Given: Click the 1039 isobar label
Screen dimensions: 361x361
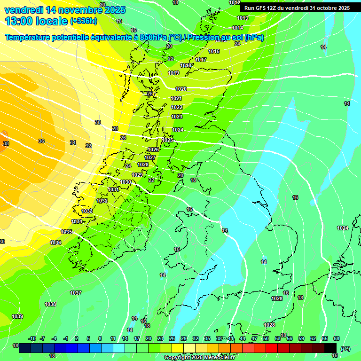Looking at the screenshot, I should tap(17, 316).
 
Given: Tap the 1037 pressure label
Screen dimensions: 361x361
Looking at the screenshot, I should tap(76, 293).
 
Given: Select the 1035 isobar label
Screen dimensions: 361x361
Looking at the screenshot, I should tap(66, 232).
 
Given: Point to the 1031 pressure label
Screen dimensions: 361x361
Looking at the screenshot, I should tap(114, 189).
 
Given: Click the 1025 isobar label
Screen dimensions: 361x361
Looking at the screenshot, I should tap(167, 140).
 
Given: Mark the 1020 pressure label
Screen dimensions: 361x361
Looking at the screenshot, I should tap(181, 89).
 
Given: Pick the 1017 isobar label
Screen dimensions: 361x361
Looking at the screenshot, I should tap(201, 60).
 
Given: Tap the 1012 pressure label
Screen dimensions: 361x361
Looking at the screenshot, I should tap(235, 3).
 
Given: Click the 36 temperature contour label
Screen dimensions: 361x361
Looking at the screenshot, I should tap(41, 141).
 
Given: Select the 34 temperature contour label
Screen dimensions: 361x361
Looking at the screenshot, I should tap(73, 142).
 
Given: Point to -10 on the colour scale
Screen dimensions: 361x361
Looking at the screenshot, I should tap(32, 338).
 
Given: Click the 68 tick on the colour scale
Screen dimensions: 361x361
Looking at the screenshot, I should tap(337, 338).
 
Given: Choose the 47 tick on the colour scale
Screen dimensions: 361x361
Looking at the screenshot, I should tap(254, 338).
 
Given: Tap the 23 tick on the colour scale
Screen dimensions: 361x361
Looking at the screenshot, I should tap(160, 338).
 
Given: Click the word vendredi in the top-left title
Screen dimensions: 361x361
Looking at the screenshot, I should tap(24, 10).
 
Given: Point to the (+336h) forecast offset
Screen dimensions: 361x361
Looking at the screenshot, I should tap(84, 21).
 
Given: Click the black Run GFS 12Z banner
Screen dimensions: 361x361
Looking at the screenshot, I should tap(297, 8).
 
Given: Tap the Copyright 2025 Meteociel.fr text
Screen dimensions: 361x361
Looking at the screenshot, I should tap(200, 357).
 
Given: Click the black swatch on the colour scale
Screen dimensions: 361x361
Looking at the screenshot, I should tap(330, 347).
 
